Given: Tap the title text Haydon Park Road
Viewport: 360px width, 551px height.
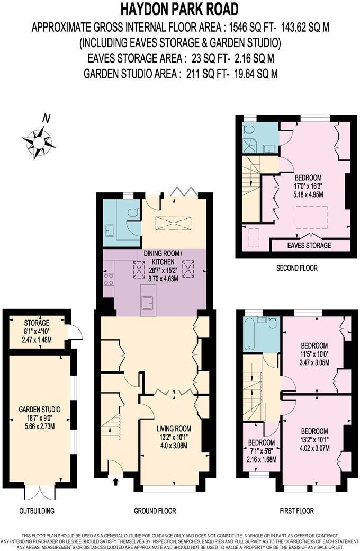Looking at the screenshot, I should point(179,9).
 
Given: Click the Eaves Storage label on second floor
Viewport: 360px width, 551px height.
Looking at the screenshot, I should point(310,246).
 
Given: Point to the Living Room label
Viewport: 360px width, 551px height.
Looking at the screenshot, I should point(174,429).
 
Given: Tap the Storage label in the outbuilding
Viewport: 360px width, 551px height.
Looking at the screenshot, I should point(37,323).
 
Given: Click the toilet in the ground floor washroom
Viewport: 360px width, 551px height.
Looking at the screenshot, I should point(133,213).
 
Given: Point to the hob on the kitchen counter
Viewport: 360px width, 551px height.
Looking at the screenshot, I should point(109,278).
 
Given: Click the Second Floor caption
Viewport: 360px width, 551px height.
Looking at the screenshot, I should point(296,268).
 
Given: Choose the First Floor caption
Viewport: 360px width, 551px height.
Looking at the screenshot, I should point(296,511).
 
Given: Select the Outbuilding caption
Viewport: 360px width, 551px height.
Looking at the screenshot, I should point(37,511).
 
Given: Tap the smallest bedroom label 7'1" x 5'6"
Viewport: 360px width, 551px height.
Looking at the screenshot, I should point(262,451).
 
